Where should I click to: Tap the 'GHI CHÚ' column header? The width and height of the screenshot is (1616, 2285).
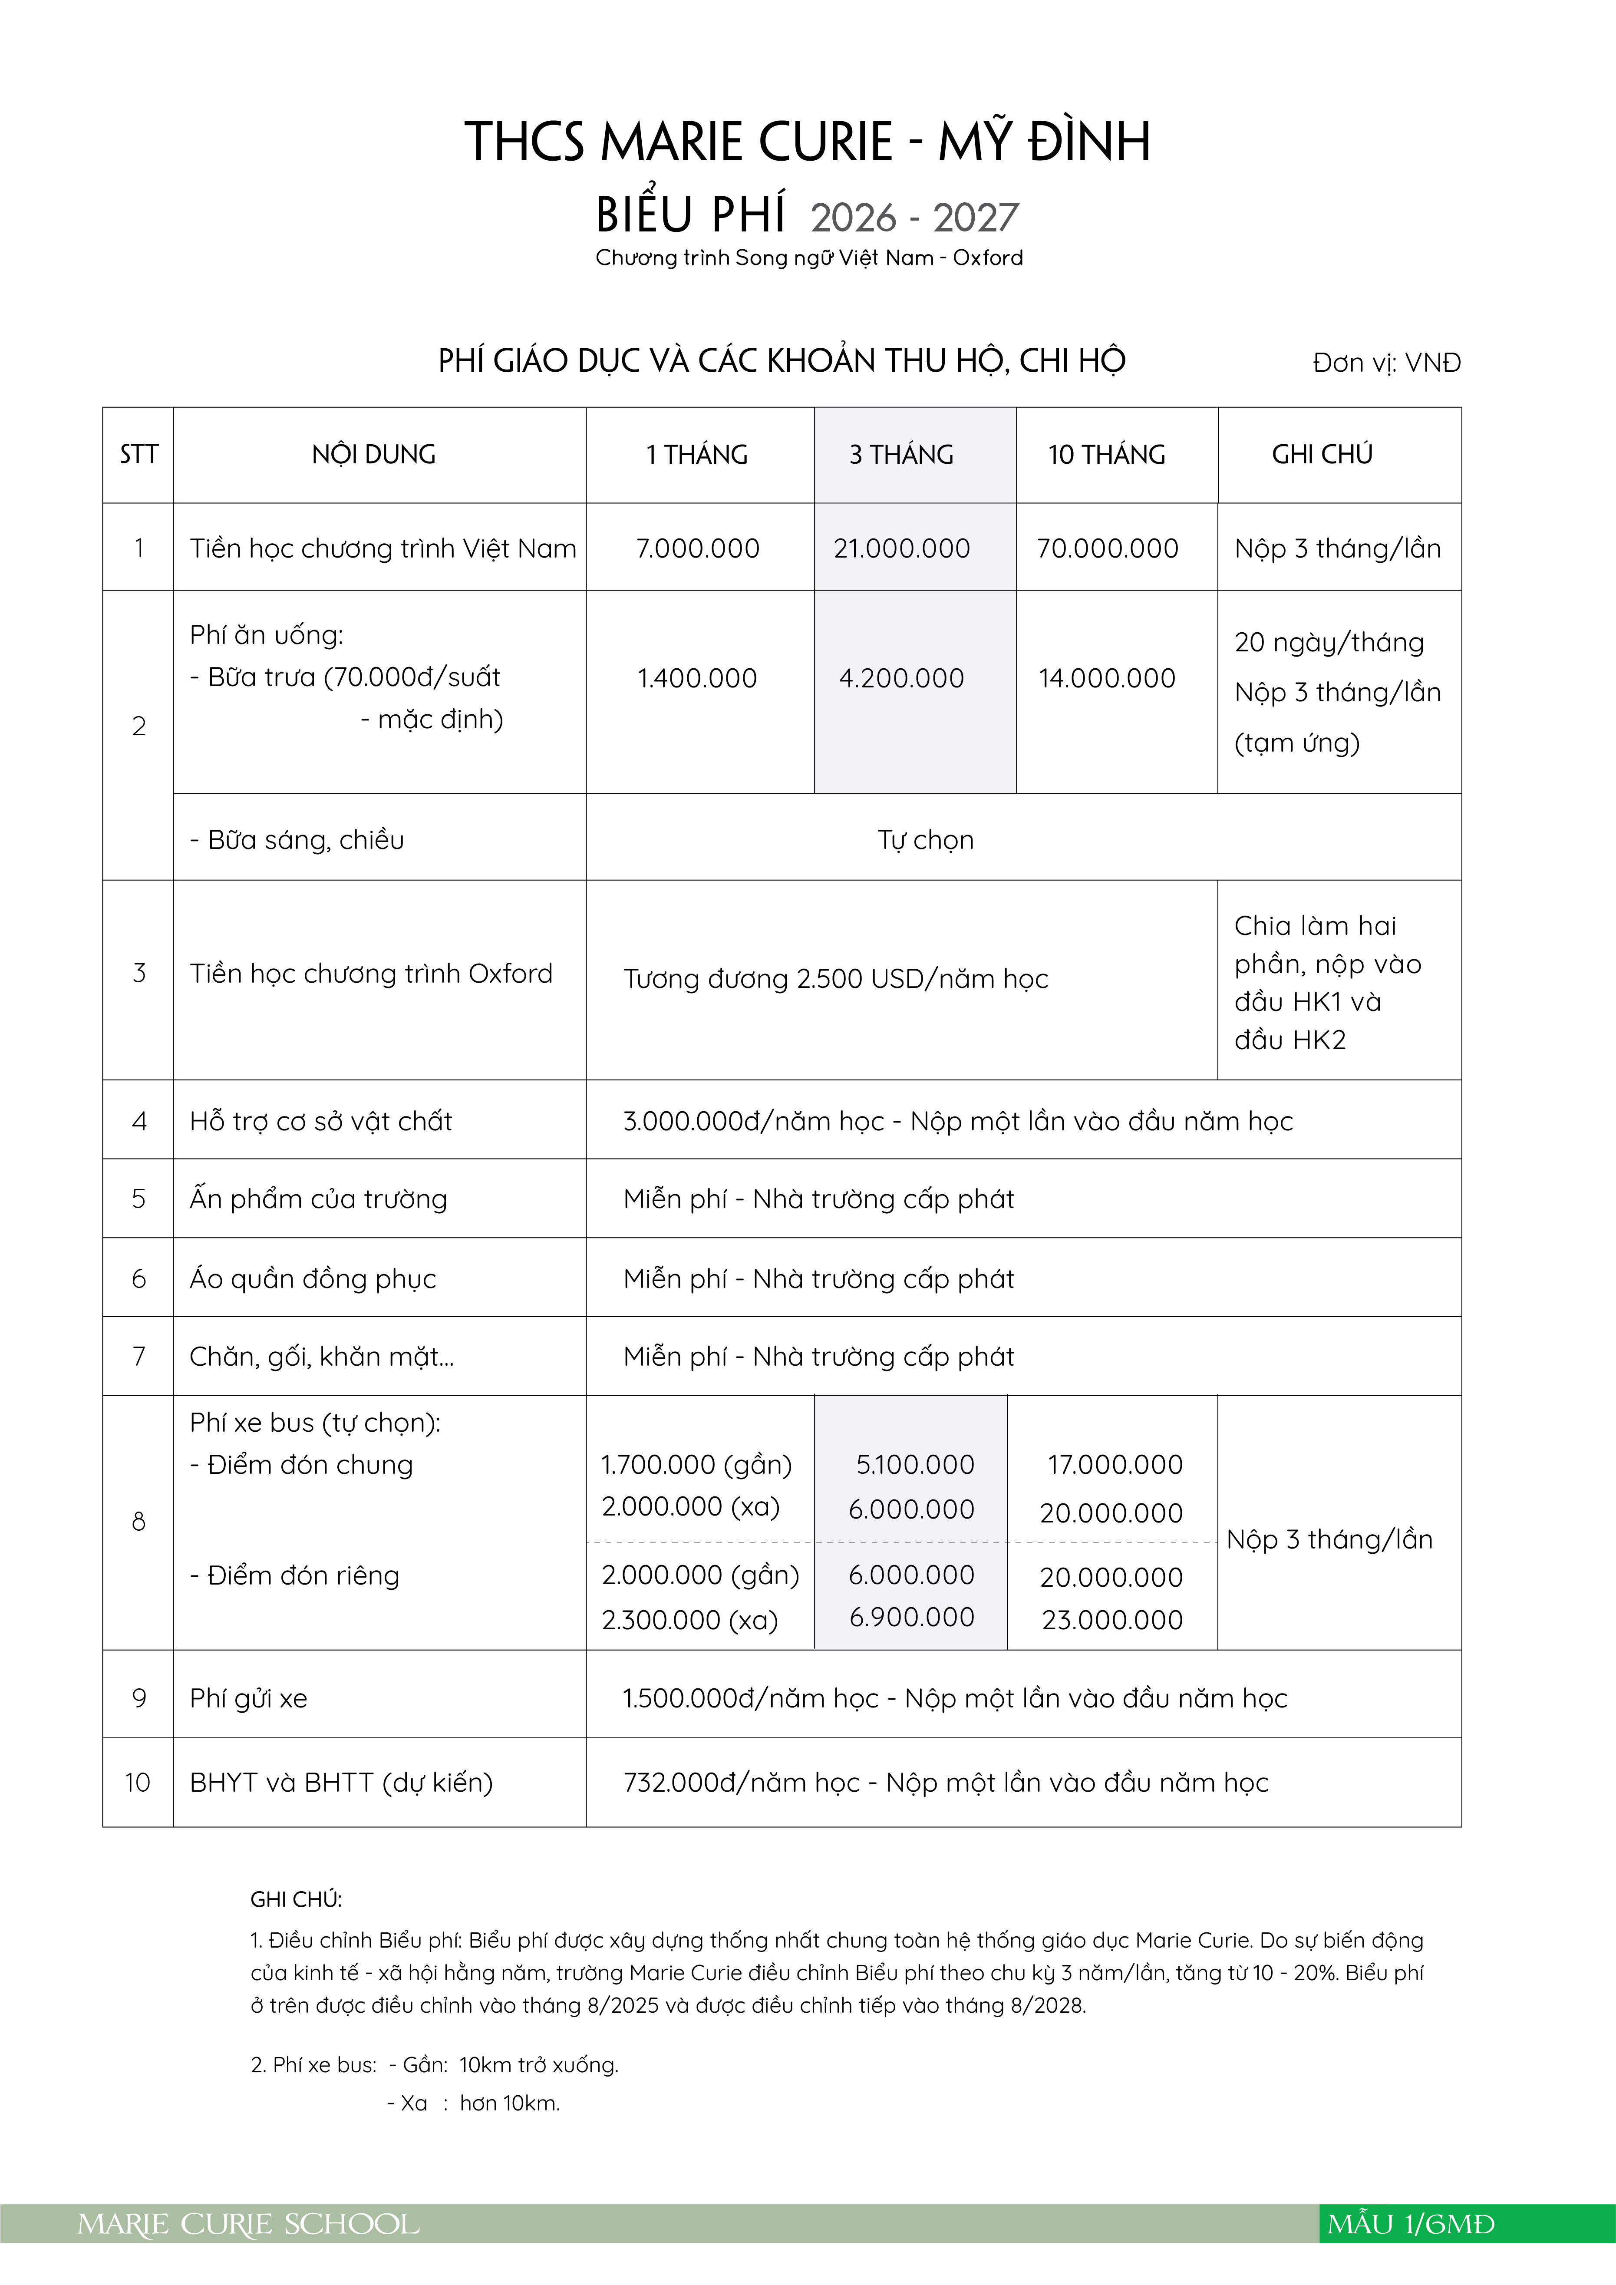(x=1322, y=455)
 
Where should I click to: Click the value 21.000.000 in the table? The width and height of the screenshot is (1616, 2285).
(x=901, y=548)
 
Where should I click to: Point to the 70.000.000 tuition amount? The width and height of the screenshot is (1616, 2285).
(x=1107, y=548)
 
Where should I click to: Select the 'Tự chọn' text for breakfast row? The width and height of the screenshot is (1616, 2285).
(x=925, y=840)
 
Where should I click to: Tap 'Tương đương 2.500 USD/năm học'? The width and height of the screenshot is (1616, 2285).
(x=836, y=979)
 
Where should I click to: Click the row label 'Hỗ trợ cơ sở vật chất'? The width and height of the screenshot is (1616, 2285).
(x=320, y=1122)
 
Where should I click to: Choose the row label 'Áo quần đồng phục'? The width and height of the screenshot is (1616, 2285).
(x=313, y=1279)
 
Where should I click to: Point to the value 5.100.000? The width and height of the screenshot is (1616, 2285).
(x=914, y=1465)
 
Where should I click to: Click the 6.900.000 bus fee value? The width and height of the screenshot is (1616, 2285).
(x=911, y=1617)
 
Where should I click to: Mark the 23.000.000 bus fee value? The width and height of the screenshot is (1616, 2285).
(x=1112, y=1620)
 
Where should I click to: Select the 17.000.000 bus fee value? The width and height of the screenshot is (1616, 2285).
(x=1115, y=1465)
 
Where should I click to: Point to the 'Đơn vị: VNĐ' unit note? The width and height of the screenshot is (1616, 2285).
(x=1386, y=363)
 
